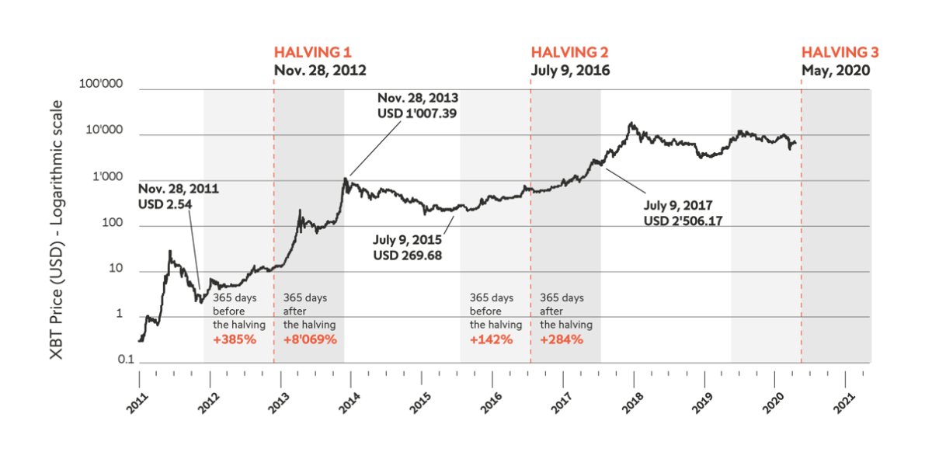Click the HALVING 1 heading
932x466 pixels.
coord(313,53)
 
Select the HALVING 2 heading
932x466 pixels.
coord(569,53)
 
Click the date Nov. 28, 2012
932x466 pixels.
coord(320,70)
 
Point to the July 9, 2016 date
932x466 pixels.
coord(570,70)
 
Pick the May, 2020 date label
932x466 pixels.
coord(836,70)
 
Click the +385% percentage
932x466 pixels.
coord(234,339)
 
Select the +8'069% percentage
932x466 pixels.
coord(310,339)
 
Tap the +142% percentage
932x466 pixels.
coord(492,339)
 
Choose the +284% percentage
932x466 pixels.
coord(562,339)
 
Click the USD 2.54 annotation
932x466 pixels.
coord(165,203)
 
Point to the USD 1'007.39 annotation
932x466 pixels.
coord(418,113)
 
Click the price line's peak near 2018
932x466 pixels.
coord(631,123)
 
